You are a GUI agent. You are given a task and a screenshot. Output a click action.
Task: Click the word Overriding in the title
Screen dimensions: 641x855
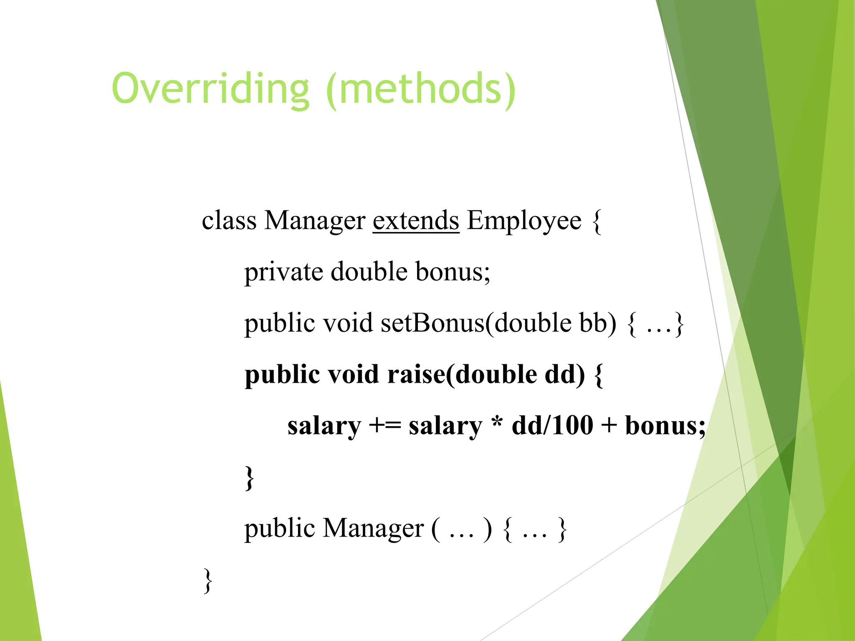tap(210, 88)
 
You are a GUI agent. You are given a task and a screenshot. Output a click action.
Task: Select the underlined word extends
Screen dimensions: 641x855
tap(416, 220)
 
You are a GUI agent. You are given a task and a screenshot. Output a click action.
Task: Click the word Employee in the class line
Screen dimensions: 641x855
tap(524, 220)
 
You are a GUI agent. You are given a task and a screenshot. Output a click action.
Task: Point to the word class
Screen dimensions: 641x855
tap(229, 220)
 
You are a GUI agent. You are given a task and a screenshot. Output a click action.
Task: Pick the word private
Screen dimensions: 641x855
tap(283, 272)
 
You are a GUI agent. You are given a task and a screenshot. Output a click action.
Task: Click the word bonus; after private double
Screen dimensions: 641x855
tap(453, 272)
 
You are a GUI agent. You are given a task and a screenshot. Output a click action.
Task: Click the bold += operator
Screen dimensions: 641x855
tap(385, 426)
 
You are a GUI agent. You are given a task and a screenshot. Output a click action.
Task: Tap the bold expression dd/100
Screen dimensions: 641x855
tap(552, 426)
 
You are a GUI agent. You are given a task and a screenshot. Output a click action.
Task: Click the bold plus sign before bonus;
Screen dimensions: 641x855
tap(609, 426)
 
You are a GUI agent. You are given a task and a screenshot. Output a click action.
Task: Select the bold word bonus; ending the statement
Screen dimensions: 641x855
tap(665, 426)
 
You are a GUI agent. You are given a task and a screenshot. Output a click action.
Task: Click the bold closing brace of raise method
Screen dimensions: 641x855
tap(249, 478)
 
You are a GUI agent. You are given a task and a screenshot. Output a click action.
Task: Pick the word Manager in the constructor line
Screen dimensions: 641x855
tap(374, 529)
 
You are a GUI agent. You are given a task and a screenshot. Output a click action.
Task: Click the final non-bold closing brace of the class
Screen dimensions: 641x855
tap(207, 580)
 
